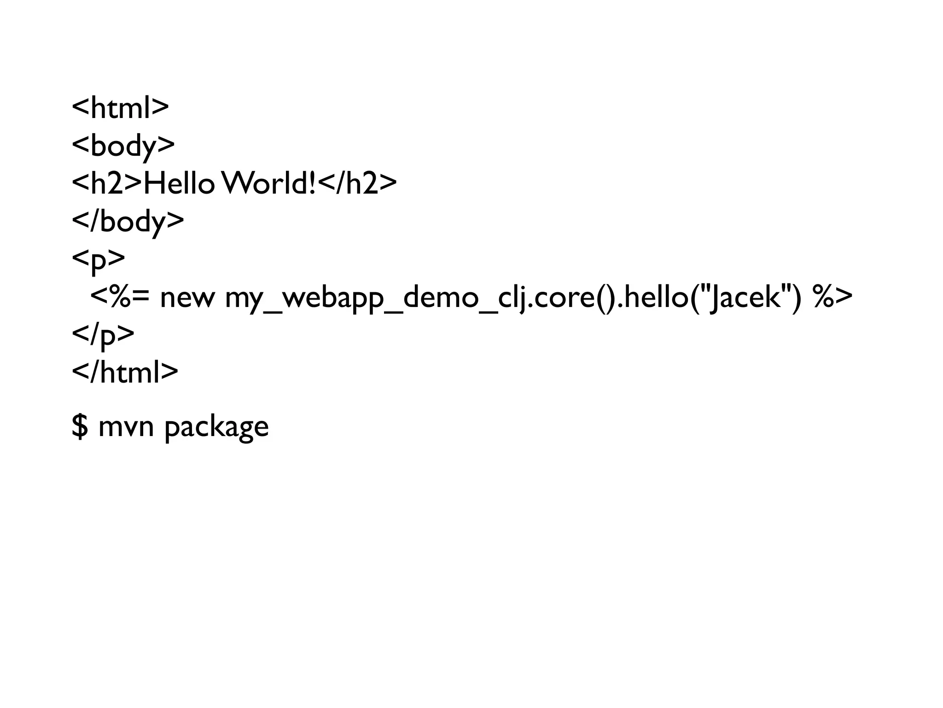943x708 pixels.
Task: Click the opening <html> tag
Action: (x=120, y=107)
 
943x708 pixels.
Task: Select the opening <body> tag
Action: (x=123, y=145)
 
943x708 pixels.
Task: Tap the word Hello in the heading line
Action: (x=179, y=183)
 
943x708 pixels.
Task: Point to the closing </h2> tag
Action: (x=357, y=183)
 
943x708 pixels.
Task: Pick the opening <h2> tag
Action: (x=107, y=183)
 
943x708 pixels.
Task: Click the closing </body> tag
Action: (x=128, y=221)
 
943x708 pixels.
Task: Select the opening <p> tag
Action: (x=98, y=260)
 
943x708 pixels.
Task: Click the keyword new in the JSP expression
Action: (x=187, y=297)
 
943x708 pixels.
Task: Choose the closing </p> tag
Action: (x=103, y=335)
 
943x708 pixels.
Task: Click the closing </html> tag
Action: (x=125, y=372)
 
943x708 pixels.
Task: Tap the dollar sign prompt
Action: (x=80, y=426)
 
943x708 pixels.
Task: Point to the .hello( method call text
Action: (x=654, y=297)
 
